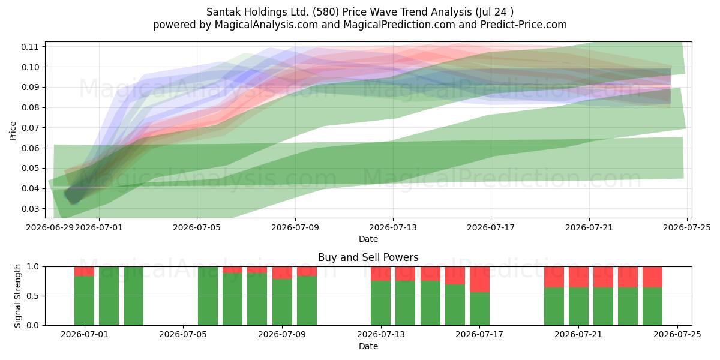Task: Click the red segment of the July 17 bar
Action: click(x=479, y=280)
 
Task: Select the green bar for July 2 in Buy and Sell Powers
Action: click(x=109, y=296)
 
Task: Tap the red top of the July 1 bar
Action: click(x=84, y=271)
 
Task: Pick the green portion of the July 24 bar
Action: click(x=653, y=307)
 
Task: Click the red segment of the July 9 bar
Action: click(x=307, y=271)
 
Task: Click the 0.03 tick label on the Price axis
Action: click(x=29, y=209)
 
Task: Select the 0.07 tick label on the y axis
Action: click(x=29, y=128)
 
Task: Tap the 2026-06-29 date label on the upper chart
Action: click(x=50, y=227)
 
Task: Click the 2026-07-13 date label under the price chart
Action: click(x=393, y=227)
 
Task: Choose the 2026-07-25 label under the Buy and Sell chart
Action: click(x=677, y=334)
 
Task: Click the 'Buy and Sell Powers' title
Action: click(x=368, y=257)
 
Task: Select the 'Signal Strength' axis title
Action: click(x=17, y=296)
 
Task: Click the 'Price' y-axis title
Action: click(x=13, y=131)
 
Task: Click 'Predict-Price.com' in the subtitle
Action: click(x=524, y=25)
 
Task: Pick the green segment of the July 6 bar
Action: click(x=208, y=296)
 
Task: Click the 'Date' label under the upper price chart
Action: click(x=368, y=239)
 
